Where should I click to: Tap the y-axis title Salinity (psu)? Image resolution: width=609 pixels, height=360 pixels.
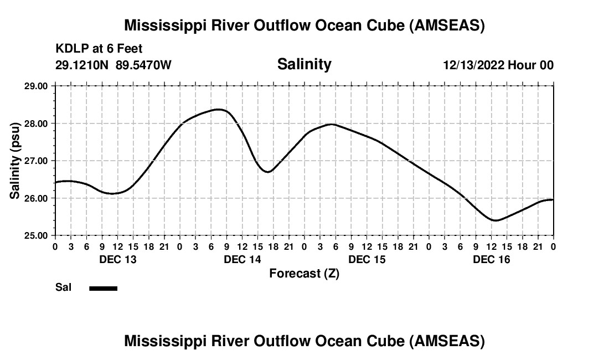coord(15,161)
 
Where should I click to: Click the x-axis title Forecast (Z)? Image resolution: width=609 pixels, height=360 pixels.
coord(304,273)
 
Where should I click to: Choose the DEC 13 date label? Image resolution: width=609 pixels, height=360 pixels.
coord(117,259)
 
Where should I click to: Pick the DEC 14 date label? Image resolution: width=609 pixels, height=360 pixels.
coord(242,259)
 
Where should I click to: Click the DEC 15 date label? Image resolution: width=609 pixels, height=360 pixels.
coord(367,259)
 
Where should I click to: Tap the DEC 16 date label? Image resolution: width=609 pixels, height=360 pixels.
coord(491,259)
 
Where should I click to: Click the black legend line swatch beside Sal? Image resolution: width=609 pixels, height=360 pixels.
coord(104,288)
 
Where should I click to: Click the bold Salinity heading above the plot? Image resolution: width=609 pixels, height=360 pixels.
coord(304,64)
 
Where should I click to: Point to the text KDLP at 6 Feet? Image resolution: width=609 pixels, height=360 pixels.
coord(99,49)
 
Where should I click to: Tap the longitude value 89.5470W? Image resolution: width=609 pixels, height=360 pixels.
coord(143,65)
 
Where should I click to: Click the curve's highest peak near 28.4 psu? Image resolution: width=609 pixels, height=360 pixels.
coord(218,110)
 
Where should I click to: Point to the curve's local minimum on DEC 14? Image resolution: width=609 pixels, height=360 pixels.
coord(267,172)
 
